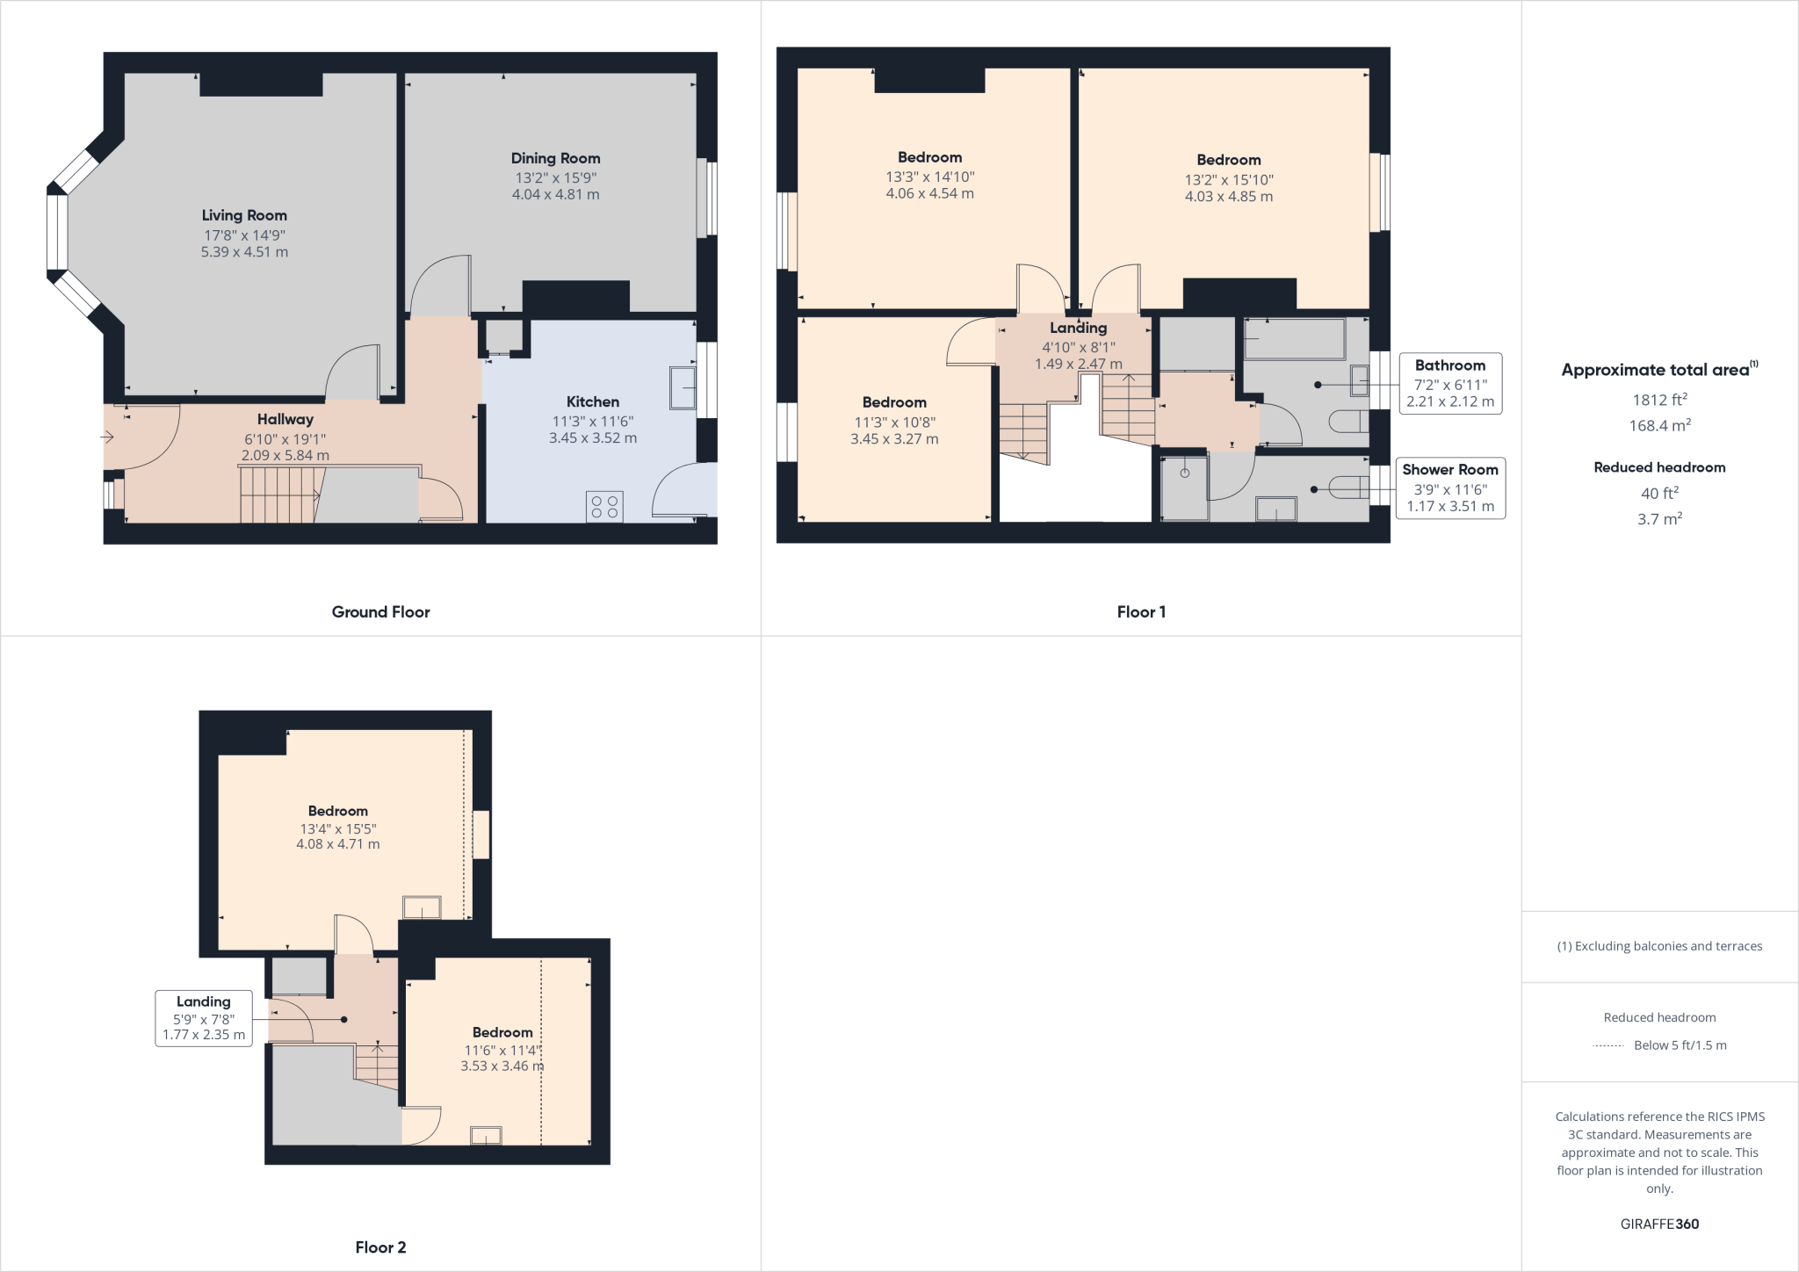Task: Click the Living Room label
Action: point(244,215)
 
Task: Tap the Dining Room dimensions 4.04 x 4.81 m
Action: point(555,195)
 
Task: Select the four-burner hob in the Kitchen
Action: point(604,506)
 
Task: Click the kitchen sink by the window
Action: point(683,387)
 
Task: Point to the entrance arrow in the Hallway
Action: point(108,437)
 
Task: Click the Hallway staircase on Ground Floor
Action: point(278,495)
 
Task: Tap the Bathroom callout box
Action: point(1449,383)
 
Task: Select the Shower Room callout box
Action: point(1449,488)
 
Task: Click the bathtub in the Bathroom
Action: point(1295,339)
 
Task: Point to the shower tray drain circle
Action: point(1184,473)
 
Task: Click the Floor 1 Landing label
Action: point(1078,328)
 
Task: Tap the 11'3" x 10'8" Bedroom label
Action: point(894,402)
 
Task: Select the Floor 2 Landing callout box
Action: point(204,1018)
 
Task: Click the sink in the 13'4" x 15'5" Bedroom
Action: point(422,907)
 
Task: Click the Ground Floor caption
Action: point(380,612)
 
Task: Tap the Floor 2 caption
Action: point(380,1247)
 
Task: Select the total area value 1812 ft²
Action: point(1658,401)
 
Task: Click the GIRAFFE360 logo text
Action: point(1659,1225)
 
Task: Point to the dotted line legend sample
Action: point(1608,1046)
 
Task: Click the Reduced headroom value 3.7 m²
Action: point(1658,519)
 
